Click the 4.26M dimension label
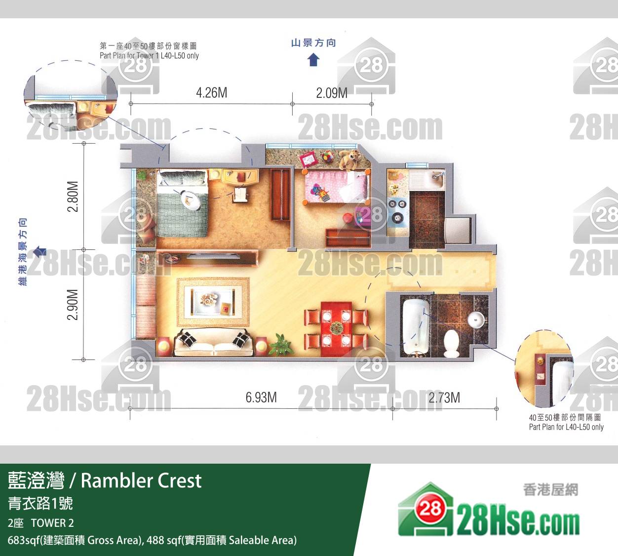click(x=212, y=93)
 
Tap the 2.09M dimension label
click(x=332, y=93)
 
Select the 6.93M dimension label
click(x=261, y=397)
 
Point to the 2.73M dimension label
click(x=444, y=397)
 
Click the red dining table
click(x=336, y=328)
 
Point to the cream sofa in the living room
click(x=214, y=342)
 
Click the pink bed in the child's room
click(x=336, y=187)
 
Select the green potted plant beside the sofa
click(x=280, y=344)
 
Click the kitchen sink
click(x=435, y=180)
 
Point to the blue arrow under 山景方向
click(x=313, y=60)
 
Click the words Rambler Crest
click(x=141, y=480)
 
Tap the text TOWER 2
click(x=52, y=523)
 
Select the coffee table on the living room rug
click(x=213, y=302)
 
